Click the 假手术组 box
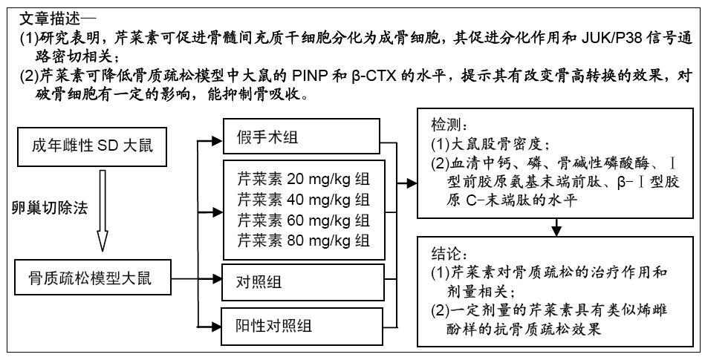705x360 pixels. click(302, 136)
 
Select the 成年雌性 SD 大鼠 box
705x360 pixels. click(91, 146)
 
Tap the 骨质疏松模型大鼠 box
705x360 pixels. click(93, 278)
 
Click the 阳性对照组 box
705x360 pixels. click(302, 325)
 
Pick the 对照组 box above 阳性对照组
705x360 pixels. click(303, 282)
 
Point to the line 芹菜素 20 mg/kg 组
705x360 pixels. click(304, 179)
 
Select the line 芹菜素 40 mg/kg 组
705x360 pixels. click(304, 199)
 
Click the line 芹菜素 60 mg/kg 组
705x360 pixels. click(304, 220)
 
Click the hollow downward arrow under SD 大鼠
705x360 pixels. click(103, 210)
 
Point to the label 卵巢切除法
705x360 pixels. click(50, 208)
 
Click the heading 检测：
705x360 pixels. click(446, 125)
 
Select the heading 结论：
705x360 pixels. click(446, 253)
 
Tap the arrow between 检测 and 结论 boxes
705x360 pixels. click(556, 227)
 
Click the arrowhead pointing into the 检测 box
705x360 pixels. click(412, 183)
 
